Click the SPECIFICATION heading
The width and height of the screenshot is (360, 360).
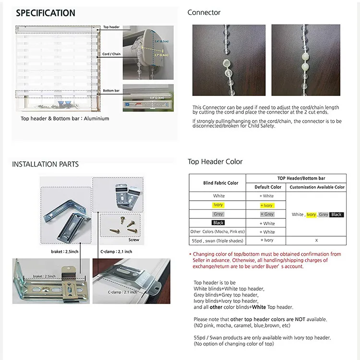pos(46,13)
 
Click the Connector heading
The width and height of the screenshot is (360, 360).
pos(204,12)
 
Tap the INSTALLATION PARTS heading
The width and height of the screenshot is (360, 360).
pos(45,164)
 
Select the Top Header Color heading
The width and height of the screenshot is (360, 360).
pos(215,162)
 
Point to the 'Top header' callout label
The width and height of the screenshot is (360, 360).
pos(111,27)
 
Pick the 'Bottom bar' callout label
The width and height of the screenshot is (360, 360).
pos(111,90)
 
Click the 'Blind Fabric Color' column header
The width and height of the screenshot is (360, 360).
pos(217,183)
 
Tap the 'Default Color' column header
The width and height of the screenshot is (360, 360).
pos(268,187)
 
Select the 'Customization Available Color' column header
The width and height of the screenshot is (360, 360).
pos(317,187)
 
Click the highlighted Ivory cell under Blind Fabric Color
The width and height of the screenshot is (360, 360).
pos(218,205)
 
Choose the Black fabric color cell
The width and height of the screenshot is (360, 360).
pos(218,223)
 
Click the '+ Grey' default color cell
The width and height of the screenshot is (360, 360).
pos(267,214)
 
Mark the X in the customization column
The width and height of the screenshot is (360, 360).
pos(316,240)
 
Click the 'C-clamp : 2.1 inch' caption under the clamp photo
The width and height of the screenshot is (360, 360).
pos(116,252)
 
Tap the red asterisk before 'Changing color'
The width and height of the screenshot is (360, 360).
pos(190,254)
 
